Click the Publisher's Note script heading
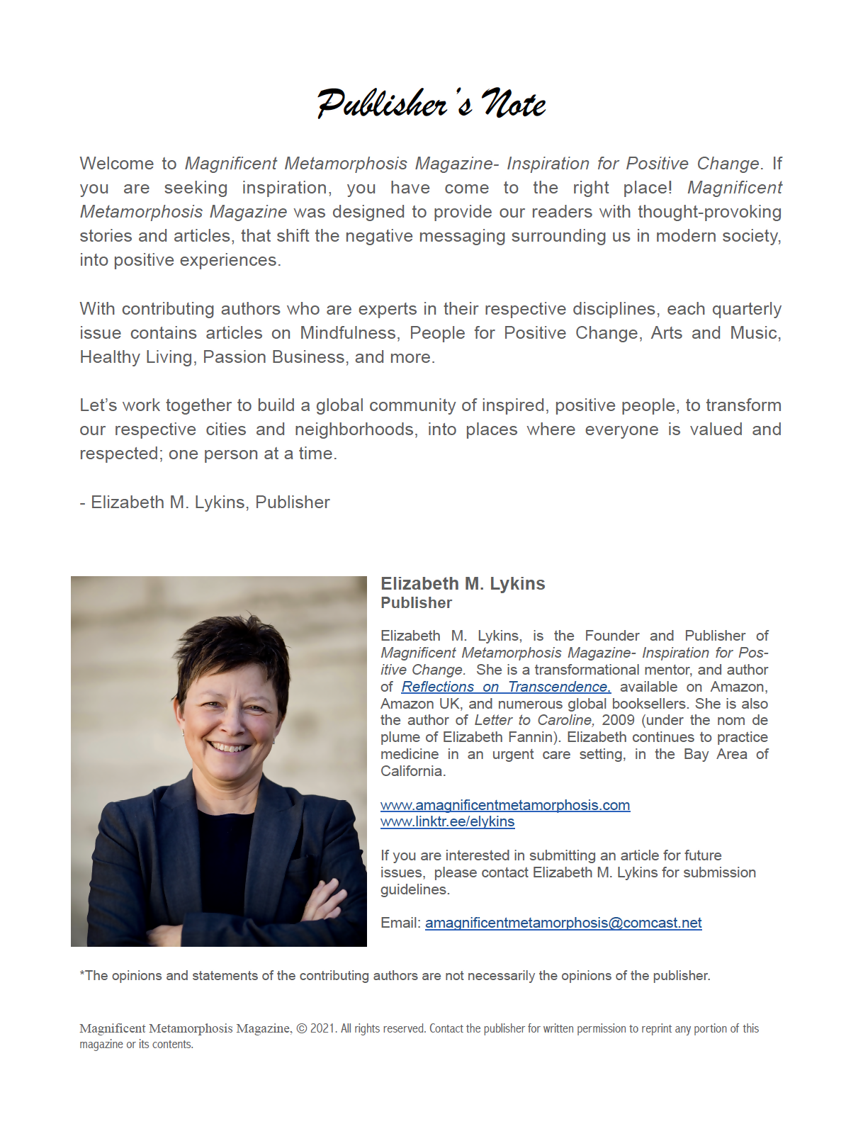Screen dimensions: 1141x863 point(431,104)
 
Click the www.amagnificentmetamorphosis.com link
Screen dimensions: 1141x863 point(504,805)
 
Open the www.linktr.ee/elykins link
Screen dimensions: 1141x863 point(447,822)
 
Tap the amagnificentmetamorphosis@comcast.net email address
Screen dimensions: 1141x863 point(563,923)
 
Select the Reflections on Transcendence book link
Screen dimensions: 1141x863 point(506,687)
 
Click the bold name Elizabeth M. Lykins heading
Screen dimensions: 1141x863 point(463,583)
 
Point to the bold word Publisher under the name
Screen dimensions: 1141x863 point(416,603)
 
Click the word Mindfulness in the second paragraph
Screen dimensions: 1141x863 point(348,333)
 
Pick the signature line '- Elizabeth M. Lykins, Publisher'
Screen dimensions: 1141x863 point(205,502)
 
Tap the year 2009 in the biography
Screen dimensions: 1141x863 point(619,721)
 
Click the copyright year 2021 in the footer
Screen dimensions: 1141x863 point(322,1028)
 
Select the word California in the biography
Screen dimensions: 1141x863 point(412,771)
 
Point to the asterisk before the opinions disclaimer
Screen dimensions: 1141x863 point(82,974)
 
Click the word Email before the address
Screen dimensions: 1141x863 point(400,923)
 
